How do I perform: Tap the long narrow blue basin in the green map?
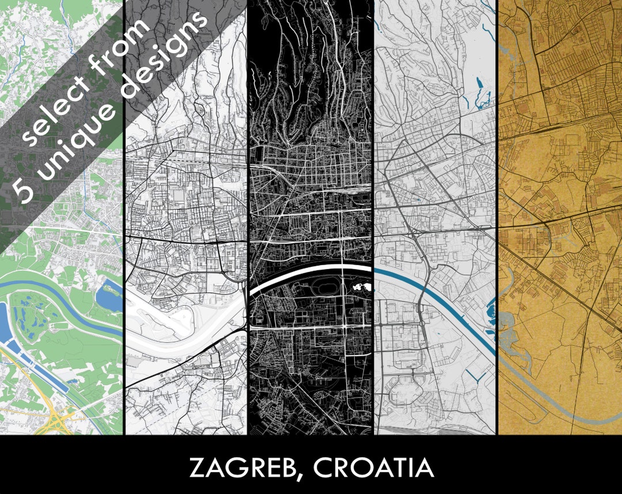pos(40,369)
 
